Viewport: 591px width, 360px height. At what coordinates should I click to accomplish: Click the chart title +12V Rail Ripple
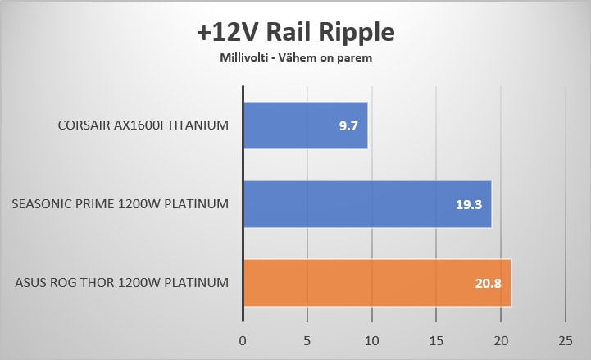point(296,33)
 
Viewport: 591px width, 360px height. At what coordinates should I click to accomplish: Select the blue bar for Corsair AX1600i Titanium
point(305,125)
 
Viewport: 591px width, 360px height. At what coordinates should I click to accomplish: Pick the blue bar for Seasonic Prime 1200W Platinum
point(367,204)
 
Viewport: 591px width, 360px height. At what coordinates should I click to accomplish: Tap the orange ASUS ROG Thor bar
point(377,283)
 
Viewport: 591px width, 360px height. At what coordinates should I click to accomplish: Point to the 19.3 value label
point(468,205)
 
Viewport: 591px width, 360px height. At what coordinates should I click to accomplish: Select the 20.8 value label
point(488,284)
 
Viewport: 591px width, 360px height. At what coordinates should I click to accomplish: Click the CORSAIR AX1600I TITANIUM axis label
point(143,126)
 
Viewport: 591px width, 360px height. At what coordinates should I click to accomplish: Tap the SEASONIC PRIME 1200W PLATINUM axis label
point(120,205)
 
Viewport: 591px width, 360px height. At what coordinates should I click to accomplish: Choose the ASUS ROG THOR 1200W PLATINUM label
point(121,284)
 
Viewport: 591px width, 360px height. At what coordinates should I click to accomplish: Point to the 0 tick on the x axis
point(243,339)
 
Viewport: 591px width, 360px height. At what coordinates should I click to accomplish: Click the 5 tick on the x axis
point(307,339)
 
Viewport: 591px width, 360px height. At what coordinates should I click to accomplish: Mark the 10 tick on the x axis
point(371,339)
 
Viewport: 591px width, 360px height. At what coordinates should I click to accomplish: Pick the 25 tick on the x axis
point(565,339)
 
